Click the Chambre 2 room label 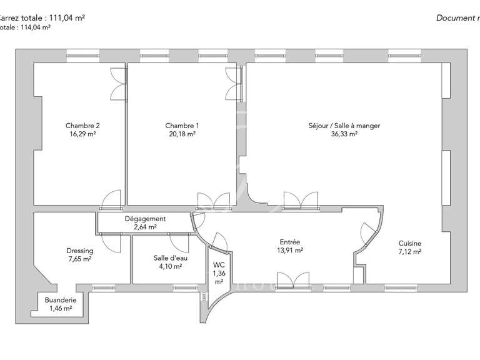point(82,126)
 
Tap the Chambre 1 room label point(182,126)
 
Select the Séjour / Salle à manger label point(344,126)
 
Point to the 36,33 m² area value point(344,134)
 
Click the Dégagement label point(145,219)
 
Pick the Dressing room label point(79,251)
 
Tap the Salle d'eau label point(168,258)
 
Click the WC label point(219,265)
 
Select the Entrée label point(290,242)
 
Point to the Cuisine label point(410,244)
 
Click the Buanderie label point(61,301)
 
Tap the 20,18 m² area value point(182,134)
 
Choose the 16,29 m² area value point(82,134)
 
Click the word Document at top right point(454,18)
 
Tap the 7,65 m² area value point(79,259)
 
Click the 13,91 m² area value point(290,251)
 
